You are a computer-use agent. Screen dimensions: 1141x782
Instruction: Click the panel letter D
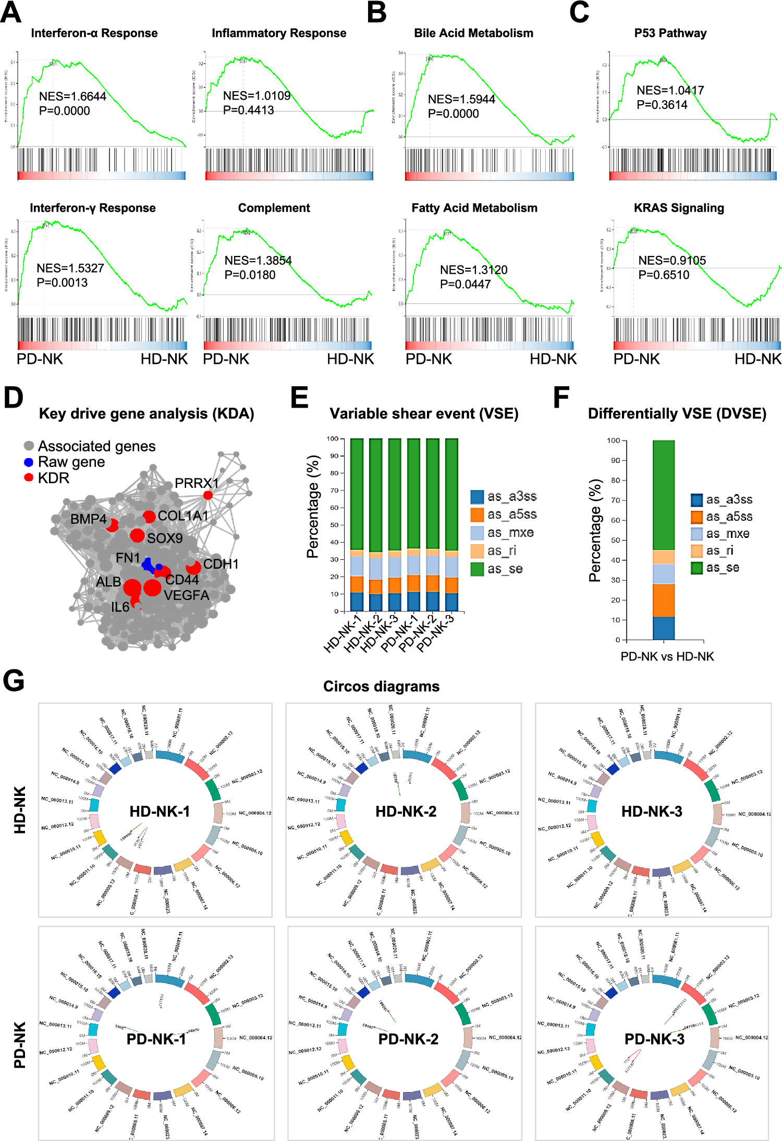pos(13,397)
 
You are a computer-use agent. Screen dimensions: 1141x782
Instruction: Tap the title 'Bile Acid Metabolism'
pos(473,33)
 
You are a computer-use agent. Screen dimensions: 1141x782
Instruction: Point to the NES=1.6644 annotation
pos(72,96)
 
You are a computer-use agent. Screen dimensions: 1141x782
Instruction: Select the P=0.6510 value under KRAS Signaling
pos(664,275)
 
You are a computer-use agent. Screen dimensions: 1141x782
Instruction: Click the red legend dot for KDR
pos(29,477)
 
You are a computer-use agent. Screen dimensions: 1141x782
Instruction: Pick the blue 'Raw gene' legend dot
pos(29,462)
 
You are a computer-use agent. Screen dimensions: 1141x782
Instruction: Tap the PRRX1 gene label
pos(197,483)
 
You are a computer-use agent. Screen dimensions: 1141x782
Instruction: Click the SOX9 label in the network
pos(165,538)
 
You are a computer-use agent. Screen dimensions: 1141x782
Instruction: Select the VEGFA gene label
pos(186,595)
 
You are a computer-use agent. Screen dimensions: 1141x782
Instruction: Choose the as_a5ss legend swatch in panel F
pos(697,517)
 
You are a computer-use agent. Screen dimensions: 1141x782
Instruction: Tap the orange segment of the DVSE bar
pos(663,600)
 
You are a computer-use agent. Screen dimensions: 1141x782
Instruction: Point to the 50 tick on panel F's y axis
pos(616,541)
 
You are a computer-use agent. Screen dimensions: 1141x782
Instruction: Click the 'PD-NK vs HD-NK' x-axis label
pos(667,656)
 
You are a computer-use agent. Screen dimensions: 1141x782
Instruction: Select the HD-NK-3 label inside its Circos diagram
pos(652,811)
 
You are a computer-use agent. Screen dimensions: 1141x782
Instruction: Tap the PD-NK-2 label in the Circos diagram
pos(408,1039)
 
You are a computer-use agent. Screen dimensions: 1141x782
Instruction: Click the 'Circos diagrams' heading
pos(381,686)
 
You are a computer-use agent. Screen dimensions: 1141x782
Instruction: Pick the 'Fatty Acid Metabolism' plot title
pos(474,208)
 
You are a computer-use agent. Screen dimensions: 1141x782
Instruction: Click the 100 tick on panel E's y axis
pos(332,439)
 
